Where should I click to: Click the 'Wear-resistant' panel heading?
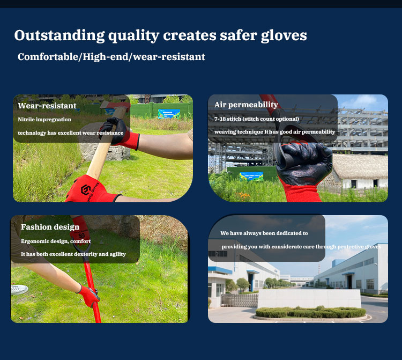[47, 106]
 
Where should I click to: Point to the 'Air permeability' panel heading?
[246, 105]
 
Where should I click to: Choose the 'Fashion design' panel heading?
[50, 227]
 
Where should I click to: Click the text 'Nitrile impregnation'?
[44, 119]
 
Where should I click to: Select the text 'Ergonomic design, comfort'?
[56, 241]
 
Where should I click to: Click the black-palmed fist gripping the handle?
[303, 160]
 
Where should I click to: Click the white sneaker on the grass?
[19, 289]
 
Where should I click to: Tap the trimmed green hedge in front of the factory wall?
[311, 312]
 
